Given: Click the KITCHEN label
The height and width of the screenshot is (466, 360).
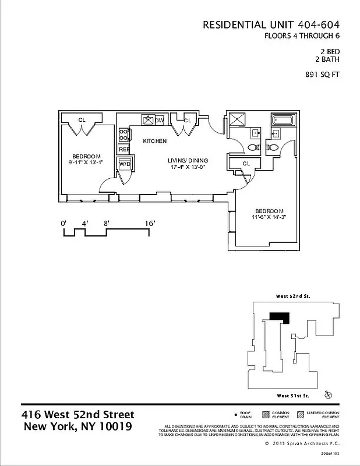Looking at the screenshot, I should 155,141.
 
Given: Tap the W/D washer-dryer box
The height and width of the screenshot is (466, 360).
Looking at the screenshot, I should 125,164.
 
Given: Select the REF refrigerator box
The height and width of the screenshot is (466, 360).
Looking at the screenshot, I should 123,150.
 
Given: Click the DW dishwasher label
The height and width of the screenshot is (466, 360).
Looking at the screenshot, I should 158,120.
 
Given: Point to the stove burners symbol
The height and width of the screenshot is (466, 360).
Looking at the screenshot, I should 123,135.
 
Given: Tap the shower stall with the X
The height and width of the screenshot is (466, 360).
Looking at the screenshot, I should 237,120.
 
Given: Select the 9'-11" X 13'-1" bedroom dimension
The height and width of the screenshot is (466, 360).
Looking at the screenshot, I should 87,163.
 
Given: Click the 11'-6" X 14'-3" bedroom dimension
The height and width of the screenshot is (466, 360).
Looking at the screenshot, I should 270,217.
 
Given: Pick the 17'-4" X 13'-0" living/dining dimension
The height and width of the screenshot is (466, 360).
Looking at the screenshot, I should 188,167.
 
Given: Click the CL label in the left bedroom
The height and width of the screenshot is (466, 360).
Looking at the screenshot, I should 82,120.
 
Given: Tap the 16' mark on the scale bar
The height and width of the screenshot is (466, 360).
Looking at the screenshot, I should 150,223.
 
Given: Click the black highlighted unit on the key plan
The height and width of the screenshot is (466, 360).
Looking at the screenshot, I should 279,317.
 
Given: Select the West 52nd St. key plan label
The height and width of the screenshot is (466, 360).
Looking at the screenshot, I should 292,296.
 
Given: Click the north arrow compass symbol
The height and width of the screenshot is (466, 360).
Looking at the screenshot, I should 329,395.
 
